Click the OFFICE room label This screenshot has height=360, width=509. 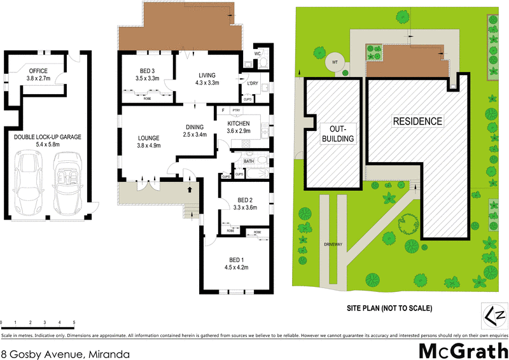pyautogui.click(x=37, y=70)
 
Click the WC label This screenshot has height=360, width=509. pyautogui.click(x=257, y=53)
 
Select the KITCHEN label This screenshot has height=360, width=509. pyautogui.click(x=238, y=123)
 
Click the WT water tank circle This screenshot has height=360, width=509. pyautogui.click(x=333, y=62)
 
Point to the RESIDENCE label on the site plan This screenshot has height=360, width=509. pyautogui.click(x=417, y=121)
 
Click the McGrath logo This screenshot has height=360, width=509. pyautogui.click(x=463, y=350)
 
